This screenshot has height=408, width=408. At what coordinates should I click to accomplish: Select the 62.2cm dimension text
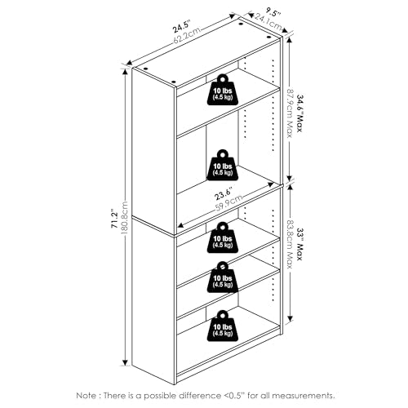187,35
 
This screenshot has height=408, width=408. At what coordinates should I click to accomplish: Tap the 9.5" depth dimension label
273,13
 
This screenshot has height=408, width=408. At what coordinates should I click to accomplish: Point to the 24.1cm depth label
268,22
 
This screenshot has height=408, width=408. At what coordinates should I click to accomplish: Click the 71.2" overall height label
114,219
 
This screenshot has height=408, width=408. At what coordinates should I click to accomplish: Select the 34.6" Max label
299,113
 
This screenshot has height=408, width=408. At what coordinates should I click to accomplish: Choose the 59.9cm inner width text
228,203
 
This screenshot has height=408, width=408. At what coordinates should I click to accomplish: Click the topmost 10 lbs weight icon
223,90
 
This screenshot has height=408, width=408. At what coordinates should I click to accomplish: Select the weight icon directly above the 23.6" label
223,165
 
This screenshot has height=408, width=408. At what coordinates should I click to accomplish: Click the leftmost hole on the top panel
145,69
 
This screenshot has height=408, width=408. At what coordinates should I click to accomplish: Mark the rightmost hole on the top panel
268,38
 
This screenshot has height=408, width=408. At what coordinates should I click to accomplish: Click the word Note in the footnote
86,396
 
